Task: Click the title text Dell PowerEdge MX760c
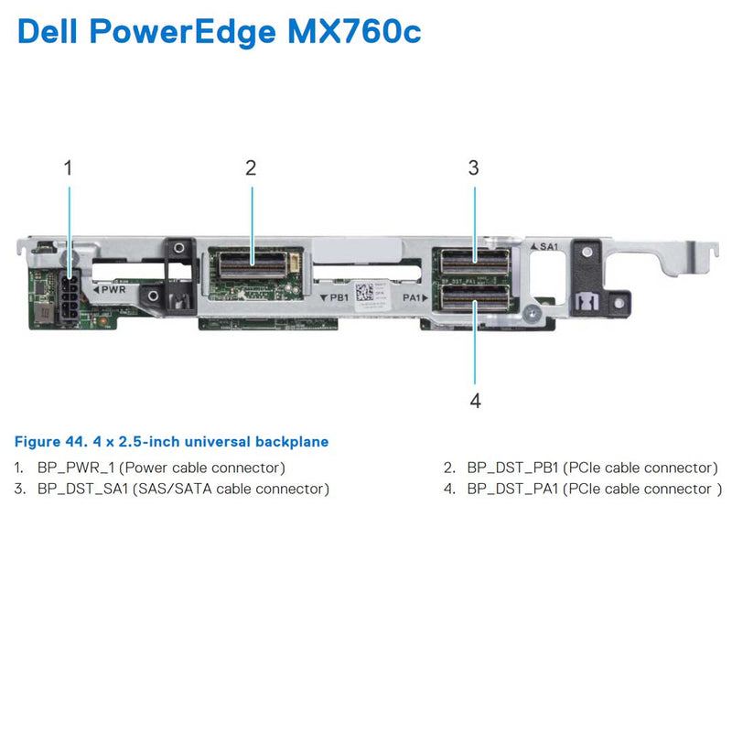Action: point(220,32)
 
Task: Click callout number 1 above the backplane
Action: point(68,167)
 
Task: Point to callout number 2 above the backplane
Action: point(251,167)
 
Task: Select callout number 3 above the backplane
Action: point(473,167)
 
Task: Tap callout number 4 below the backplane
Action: point(475,400)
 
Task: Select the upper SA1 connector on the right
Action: point(474,264)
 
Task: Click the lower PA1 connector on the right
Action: point(474,297)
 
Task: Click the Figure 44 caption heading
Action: point(172,442)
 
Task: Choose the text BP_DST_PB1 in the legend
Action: point(512,468)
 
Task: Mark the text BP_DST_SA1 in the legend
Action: point(83,489)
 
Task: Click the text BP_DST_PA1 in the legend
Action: point(512,489)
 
